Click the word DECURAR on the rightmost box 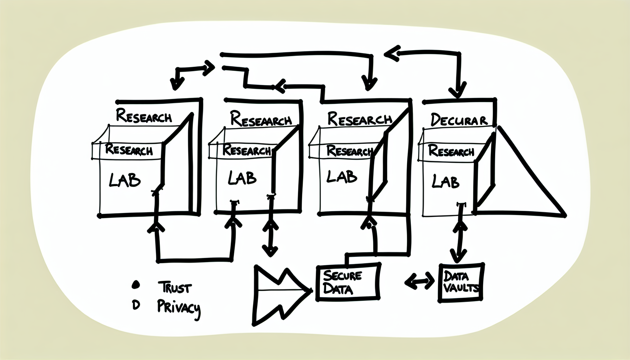459,120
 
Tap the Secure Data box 348,282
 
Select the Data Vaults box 461,282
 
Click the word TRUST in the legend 175,287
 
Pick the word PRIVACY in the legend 179,308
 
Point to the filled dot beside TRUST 135,285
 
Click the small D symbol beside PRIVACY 136,306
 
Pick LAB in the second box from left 242,178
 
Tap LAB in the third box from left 341,176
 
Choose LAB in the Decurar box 445,182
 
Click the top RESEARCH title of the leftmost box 144,116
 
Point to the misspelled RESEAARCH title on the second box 261,119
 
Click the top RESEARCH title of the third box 359,119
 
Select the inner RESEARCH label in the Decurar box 451,151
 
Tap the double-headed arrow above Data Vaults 459,239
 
